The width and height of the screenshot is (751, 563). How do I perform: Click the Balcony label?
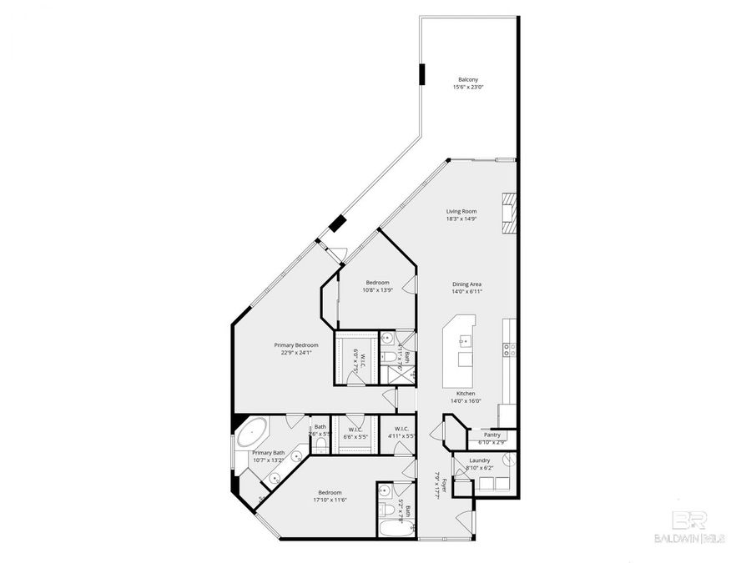pyautogui.click(x=467, y=79)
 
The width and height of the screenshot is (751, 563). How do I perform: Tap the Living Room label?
pyautogui.click(x=461, y=211)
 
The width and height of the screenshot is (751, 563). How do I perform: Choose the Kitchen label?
pyautogui.click(x=465, y=393)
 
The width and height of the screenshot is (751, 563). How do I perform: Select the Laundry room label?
pyautogui.click(x=479, y=460)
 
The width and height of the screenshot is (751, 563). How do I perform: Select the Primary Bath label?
pyautogui.click(x=269, y=453)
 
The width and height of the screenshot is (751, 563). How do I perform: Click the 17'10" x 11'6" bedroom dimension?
pyautogui.click(x=330, y=500)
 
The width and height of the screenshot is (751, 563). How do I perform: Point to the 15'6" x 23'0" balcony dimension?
pyautogui.click(x=467, y=87)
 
